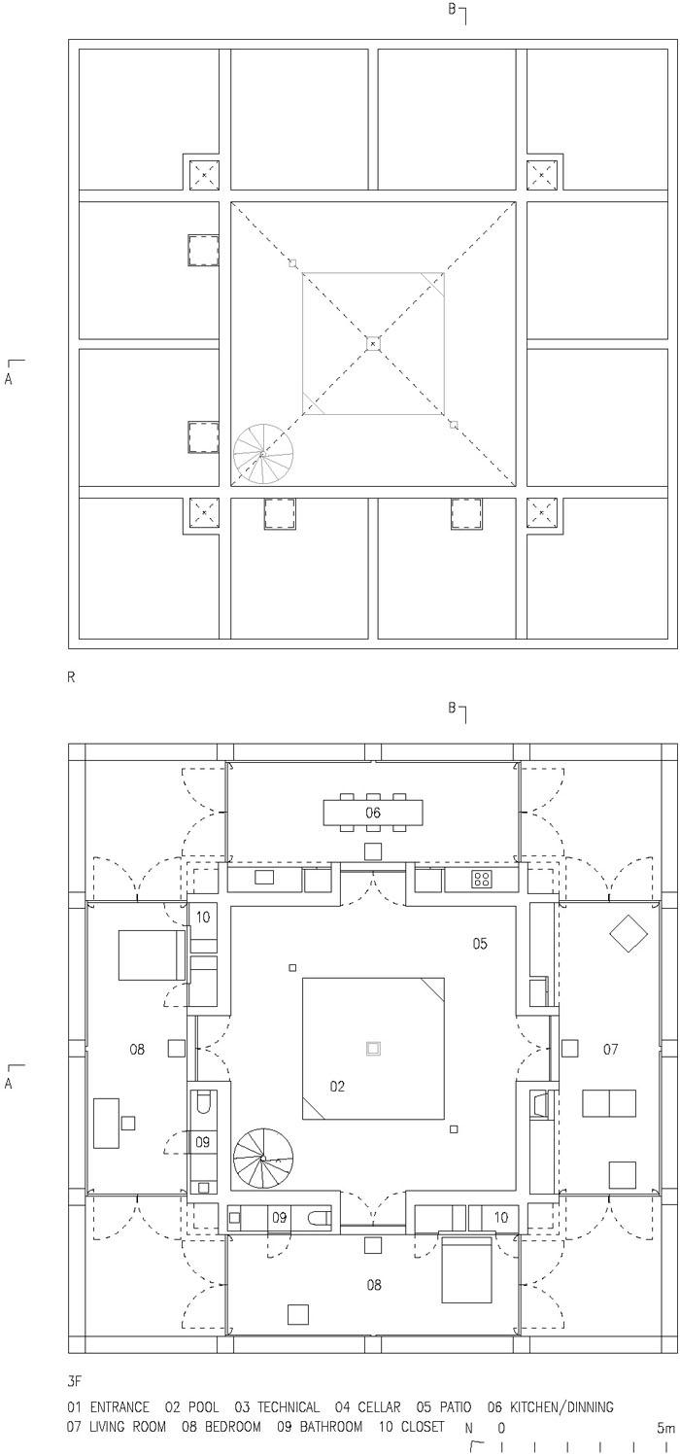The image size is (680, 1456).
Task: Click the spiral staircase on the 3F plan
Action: coord(263,1158)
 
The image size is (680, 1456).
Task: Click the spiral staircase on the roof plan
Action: coord(263,455)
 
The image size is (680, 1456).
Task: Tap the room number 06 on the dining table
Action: coord(373,813)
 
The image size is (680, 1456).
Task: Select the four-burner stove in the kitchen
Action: coord(482,880)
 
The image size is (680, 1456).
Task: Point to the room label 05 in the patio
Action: coord(479,943)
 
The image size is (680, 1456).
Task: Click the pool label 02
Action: coord(337,1086)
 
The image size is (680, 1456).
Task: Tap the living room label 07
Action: coord(610,1049)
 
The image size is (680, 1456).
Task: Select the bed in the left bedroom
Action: coord(152,954)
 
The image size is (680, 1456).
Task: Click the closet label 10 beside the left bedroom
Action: coord(203,918)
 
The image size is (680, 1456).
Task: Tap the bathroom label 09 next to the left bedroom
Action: coord(203,1141)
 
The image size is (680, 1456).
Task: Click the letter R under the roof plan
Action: coord(71,677)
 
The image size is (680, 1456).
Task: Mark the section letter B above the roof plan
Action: coord(452,10)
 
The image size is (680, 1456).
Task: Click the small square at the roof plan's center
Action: coord(373,343)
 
